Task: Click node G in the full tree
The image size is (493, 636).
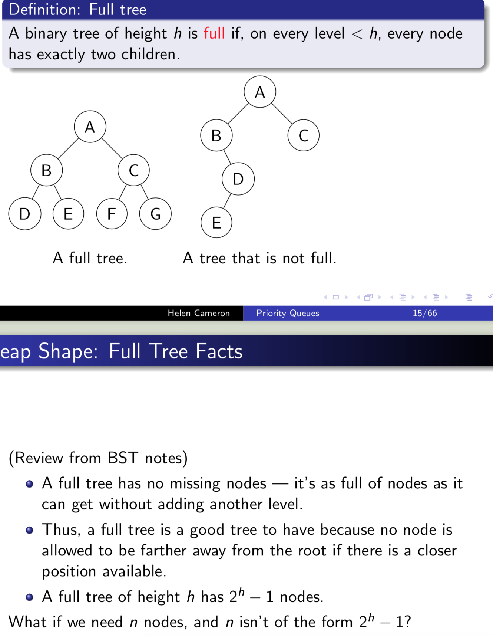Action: click(x=155, y=214)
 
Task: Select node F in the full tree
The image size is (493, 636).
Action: click(x=112, y=214)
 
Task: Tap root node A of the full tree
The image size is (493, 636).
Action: click(x=90, y=127)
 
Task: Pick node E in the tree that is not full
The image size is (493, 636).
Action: click(x=216, y=223)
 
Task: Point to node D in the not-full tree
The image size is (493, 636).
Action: click(x=238, y=179)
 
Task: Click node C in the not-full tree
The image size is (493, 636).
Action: click(x=303, y=135)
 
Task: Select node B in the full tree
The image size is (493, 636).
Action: click(x=46, y=170)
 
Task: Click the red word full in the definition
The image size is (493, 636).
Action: click(x=214, y=33)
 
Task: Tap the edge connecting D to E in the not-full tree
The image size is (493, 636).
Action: click(x=227, y=201)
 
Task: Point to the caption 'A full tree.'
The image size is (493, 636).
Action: click(x=90, y=258)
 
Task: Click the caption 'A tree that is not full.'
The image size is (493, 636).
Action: click(x=259, y=258)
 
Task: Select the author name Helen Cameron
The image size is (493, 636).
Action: click(x=199, y=313)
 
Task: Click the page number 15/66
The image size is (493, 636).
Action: click(x=425, y=313)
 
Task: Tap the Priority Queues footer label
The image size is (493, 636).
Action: click(x=288, y=313)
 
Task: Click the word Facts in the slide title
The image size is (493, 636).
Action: click(x=219, y=351)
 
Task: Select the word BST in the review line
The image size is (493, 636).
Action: click(x=123, y=458)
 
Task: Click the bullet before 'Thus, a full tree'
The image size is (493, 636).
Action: click(x=30, y=530)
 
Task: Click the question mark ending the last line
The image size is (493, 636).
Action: click(x=407, y=622)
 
